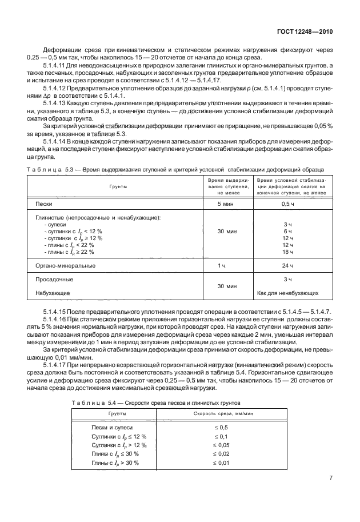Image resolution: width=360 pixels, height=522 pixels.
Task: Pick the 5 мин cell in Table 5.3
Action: coord(227,204)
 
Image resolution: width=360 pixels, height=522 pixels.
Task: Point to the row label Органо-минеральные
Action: coord(65,266)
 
